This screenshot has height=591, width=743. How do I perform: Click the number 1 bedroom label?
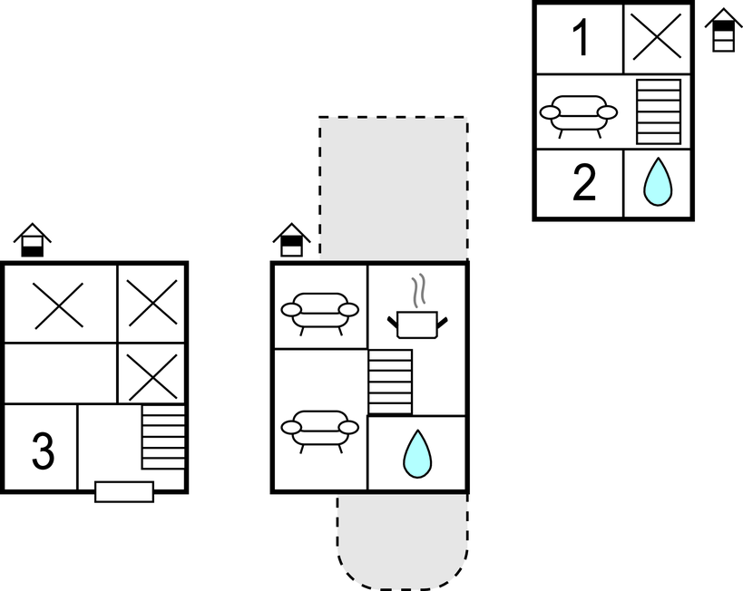[581, 38]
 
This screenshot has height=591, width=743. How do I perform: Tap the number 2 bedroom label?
[584, 184]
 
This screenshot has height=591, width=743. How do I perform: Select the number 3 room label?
[42, 451]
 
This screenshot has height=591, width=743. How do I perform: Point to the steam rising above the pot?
[417, 292]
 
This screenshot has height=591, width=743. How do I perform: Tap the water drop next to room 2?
[658, 183]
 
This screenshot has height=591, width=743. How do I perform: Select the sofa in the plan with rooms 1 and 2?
[578, 113]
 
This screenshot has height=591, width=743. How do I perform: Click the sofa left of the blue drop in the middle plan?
[318, 427]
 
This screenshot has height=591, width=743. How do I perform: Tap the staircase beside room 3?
[163, 437]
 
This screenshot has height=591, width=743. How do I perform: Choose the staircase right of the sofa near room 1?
[658, 111]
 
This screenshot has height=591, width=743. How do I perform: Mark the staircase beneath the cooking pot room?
[390, 382]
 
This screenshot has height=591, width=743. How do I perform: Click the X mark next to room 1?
[657, 38]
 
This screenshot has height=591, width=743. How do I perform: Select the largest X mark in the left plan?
[59, 305]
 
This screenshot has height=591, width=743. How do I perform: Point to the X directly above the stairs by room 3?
[152, 376]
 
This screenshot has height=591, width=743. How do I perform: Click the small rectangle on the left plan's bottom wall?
[124, 491]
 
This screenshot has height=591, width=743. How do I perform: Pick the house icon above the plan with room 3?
[32, 239]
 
